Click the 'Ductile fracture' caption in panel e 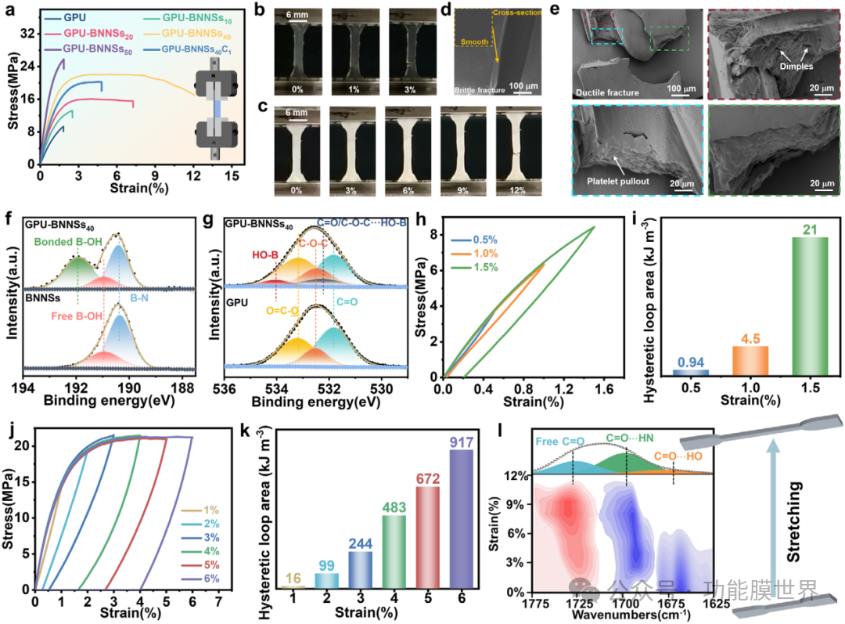tap(606, 92)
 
